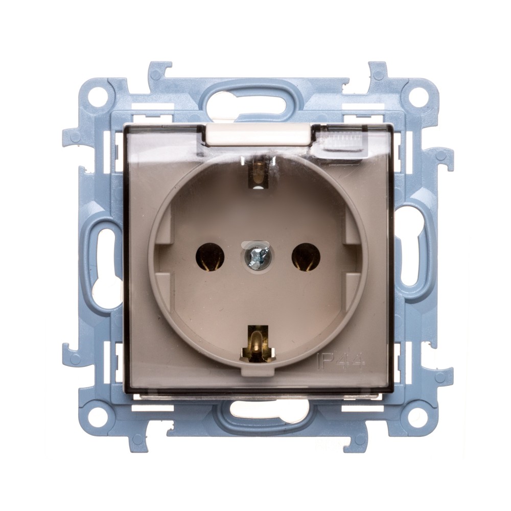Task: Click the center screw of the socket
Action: point(255,255)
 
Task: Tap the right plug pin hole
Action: point(306,257)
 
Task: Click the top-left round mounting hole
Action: point(97,95)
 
